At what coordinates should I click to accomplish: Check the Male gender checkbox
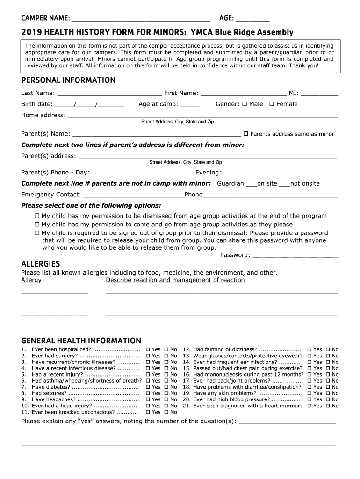[x=245, y=104]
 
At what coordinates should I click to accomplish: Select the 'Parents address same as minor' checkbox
[x=246, y=134]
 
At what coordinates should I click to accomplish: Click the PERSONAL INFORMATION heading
[x=68, y=80]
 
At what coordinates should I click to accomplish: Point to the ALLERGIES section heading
[x=41, y=264]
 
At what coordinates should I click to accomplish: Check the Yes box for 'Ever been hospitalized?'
[x=148, y=349]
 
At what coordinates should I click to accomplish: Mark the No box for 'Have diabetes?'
[x=166, y=387]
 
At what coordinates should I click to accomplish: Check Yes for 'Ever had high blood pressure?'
[x=310, y=400]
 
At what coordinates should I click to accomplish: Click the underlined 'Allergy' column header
[x=31, y=280]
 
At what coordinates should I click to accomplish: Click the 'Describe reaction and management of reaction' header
[x=175, y=280]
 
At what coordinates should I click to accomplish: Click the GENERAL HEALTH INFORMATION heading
[x=81, y=341]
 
